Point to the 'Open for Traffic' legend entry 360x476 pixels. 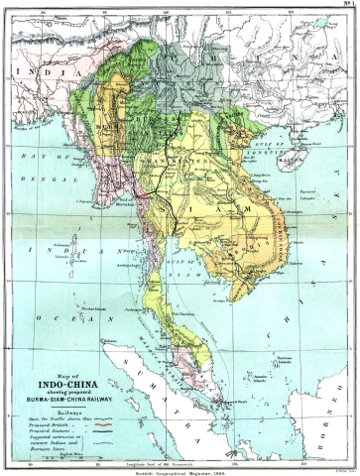point(42,414)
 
